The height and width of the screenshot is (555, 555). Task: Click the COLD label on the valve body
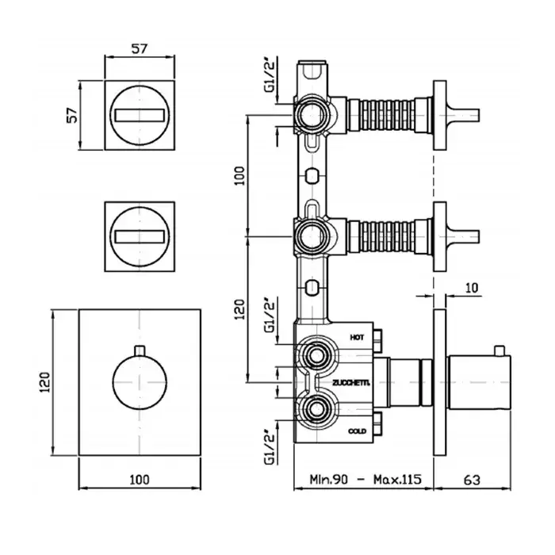(x=357, y=431)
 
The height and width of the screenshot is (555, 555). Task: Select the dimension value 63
(x=473, y=480)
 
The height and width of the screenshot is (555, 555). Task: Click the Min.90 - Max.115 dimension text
(x=362, y=480)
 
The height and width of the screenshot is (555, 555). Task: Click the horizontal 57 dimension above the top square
(x=140, y=48)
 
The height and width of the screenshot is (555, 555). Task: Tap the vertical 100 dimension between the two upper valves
(x=240, y=176)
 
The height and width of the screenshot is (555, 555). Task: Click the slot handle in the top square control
(x=140, y=114)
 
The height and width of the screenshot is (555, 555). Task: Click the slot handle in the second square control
(x=140, y=235)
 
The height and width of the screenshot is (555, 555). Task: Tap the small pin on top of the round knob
(x=140, y=351)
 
